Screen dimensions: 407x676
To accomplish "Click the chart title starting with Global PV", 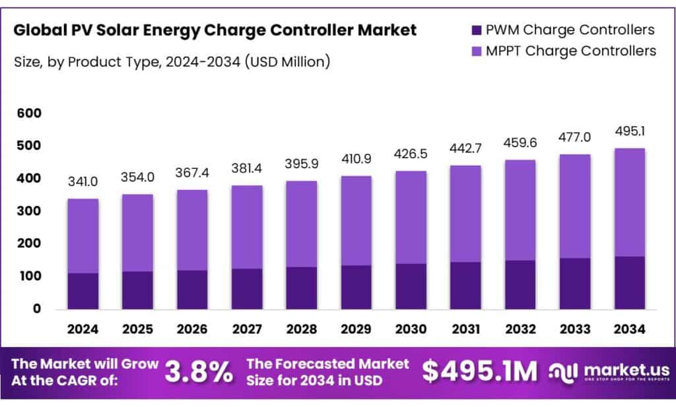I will click(x=215, y=30).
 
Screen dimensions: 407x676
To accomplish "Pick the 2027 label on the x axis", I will click(x=247, y=329).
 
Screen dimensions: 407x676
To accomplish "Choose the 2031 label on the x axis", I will click(x=466, y=329).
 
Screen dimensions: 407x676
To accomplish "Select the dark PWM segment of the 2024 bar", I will click(x=83, y=291).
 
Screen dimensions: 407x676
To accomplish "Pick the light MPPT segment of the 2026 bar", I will click(x=192, y=230).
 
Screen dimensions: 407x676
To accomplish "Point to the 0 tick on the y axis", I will click(x=36, y=308).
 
